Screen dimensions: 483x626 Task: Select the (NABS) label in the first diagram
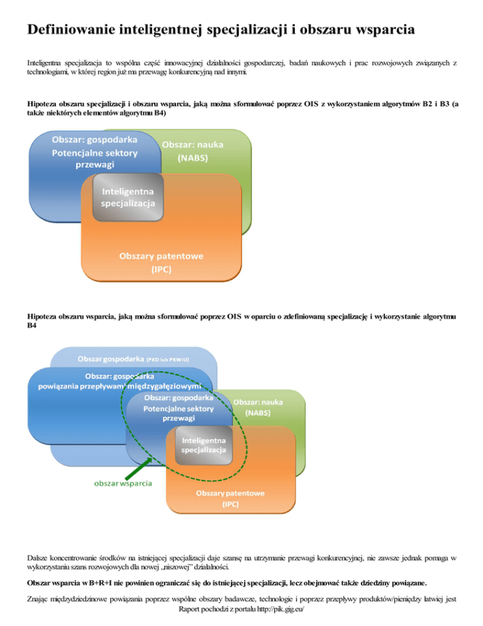click(x=193, y=157)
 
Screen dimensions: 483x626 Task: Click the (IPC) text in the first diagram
click(x=161, y=269)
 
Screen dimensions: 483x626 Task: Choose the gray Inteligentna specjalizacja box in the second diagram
click(x=199, y=445)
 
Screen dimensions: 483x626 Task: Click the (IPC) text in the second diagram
click(x=230, y=504)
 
